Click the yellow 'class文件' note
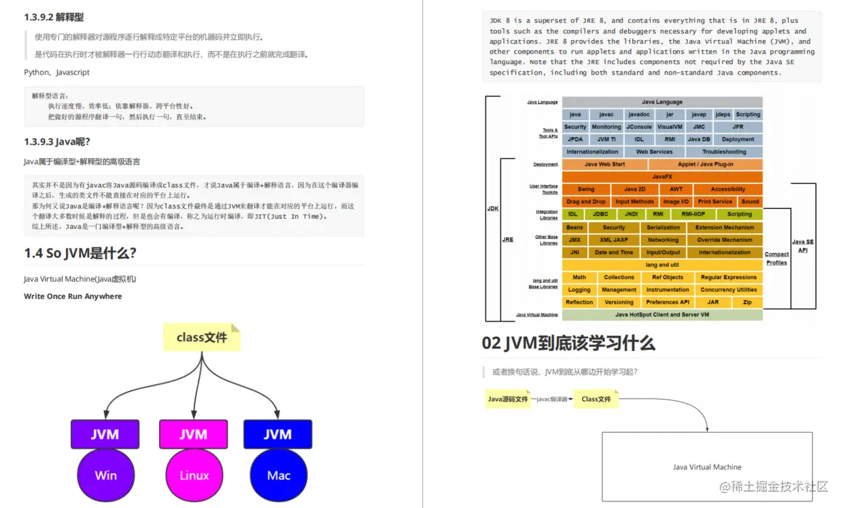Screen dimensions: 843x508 tap(201, 338)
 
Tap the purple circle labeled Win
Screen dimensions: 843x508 tap(105, 475)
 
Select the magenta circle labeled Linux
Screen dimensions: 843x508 tap(194, 475)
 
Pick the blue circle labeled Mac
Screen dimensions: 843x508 tap(278, 475)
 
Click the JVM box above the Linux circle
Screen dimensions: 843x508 tap(193, 434)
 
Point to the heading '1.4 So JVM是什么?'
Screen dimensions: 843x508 tap(80, 253)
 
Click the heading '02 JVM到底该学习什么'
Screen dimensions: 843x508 tap(568, 343)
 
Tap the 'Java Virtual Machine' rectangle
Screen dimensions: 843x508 tap(707, 467)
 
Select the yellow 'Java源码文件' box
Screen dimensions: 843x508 tap(508, 399)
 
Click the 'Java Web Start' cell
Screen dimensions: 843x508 tap(604, 164)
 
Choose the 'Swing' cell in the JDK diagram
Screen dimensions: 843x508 tap(585, 189)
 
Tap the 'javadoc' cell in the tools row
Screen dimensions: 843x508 tap(639, 115)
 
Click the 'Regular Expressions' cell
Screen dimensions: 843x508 tap(728, 277)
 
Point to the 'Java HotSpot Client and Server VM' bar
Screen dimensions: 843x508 tap(661, 315)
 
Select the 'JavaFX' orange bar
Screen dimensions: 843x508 tap(661, 177)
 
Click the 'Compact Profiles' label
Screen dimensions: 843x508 tap(776, 258)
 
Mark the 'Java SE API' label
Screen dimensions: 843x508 tap(803, 246)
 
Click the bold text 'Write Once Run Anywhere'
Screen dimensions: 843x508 tap(73, 296)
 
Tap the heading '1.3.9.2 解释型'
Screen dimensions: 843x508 tap(54, 17)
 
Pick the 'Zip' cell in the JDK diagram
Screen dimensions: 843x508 tap(747, 302)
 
